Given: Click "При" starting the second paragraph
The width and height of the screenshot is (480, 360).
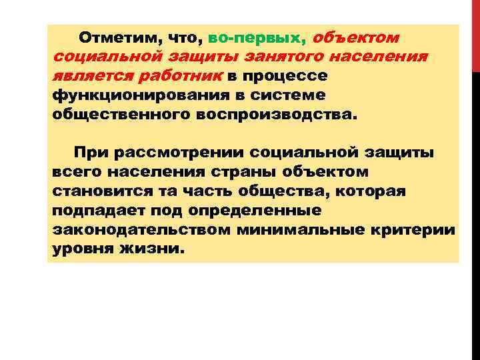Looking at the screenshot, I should tap(89, 153).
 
